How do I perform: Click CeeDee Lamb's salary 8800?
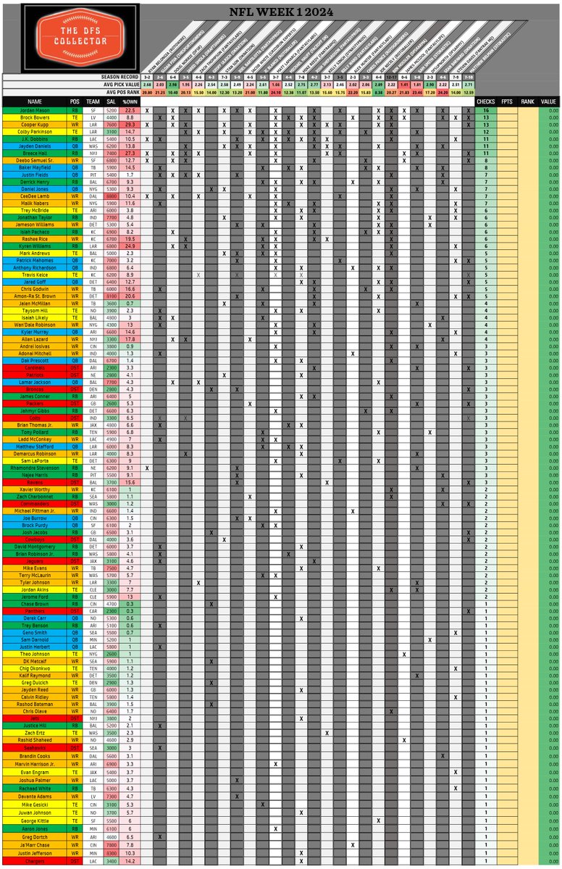(112, 196)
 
